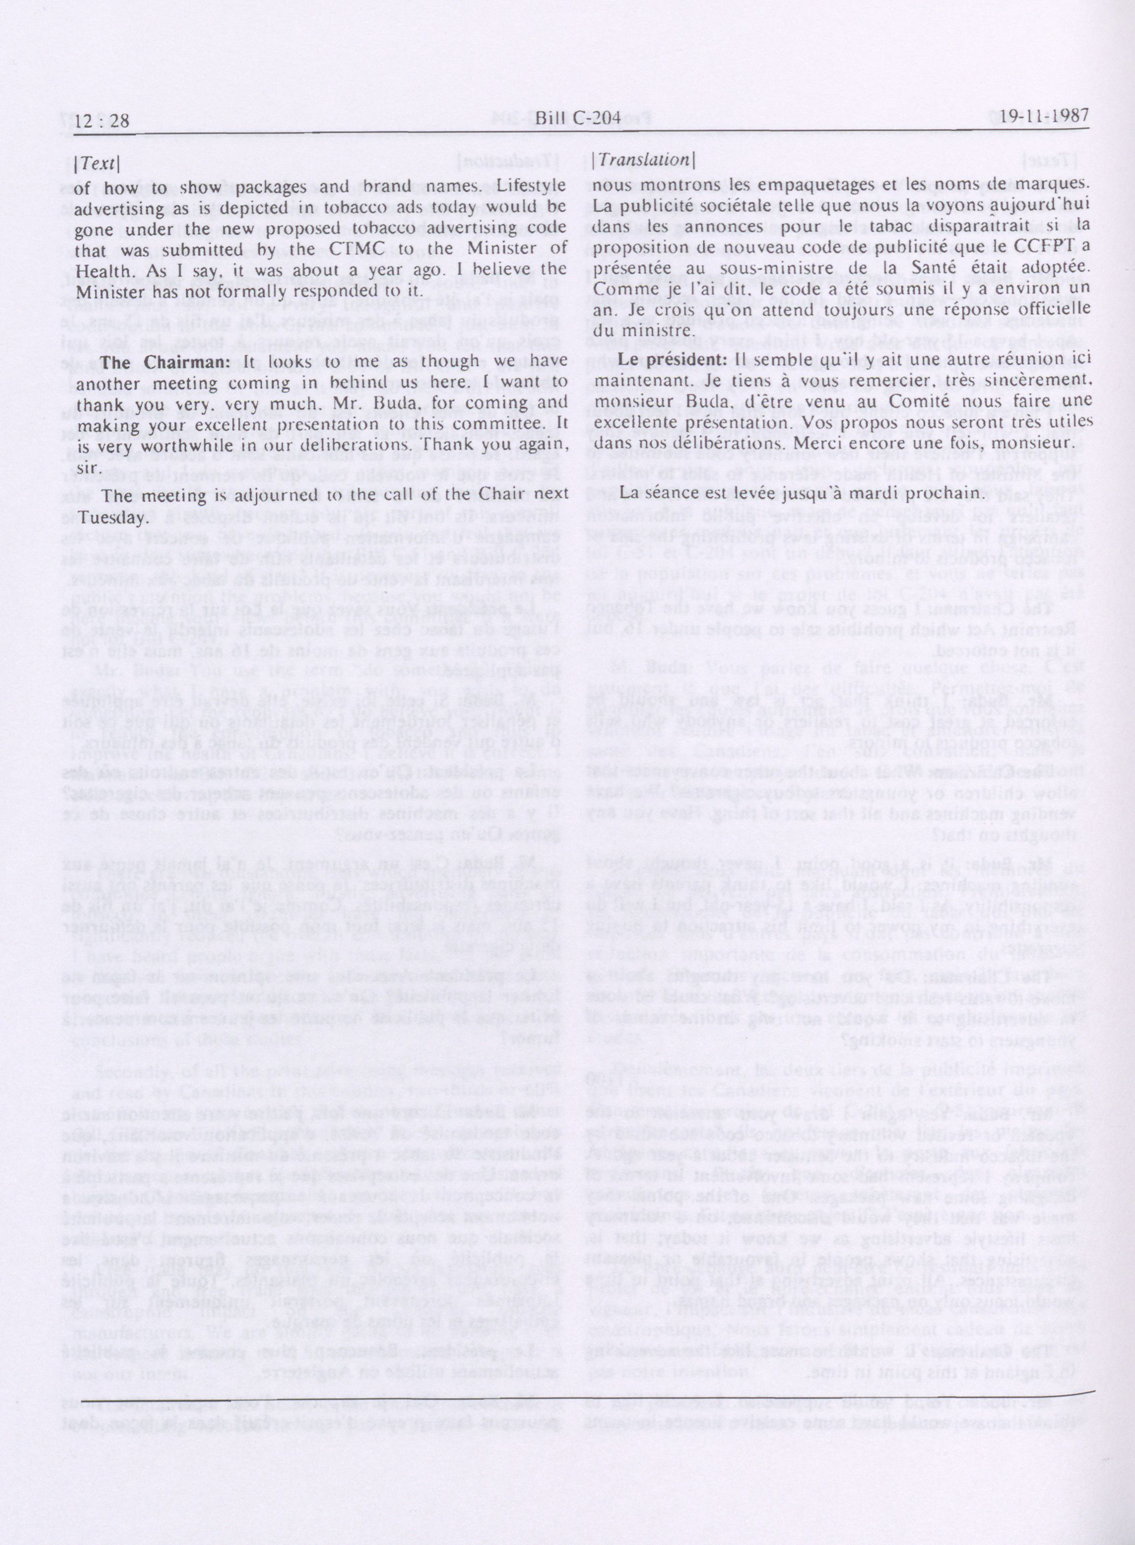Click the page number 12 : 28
[103, 121]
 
